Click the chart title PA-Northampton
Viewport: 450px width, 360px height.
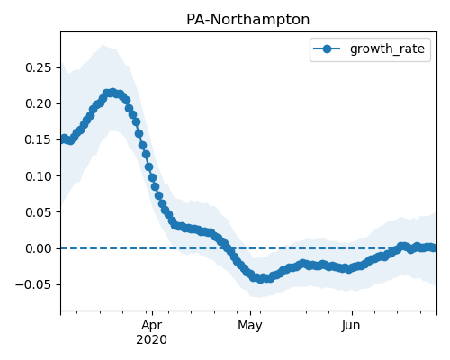pos(247,20)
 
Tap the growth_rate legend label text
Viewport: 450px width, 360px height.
pos(387,49)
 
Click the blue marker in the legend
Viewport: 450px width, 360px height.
pos(327,49)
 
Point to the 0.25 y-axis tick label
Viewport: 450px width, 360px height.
pos(39,67)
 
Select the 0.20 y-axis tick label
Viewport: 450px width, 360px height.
pos(39,103)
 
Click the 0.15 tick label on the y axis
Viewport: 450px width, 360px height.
pos(39,139)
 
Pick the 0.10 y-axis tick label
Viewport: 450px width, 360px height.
pos(39,176)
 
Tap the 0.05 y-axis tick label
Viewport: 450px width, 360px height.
pos(39,212)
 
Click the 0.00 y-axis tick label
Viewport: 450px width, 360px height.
pos(39,248)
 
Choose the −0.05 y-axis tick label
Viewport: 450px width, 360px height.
pos(33,284)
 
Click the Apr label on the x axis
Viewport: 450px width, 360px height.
pos(152,325)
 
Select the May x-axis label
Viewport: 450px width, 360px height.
pos(250,325)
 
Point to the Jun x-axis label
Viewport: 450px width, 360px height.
pos(351,325)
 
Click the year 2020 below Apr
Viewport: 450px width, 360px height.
pos(151,340)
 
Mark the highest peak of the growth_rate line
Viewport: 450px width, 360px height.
pos(112,93)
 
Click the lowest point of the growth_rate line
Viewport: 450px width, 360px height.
pos(261,279)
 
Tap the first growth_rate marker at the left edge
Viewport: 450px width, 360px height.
pos(64,139)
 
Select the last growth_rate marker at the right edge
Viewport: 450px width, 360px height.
pos(433,247)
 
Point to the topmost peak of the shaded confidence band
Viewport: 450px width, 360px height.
pos(103,45)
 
